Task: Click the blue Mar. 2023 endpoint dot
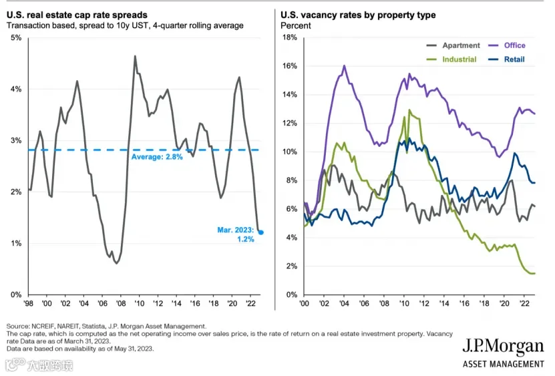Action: tap(261, 232)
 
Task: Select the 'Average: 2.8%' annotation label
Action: tap(157, 157)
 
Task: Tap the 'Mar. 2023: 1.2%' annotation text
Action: tap(236, 234)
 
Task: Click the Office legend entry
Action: tap(507, 45)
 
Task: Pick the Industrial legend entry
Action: tap(451, 59)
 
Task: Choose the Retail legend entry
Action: tap(506, 59)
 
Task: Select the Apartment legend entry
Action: tap(453, 45)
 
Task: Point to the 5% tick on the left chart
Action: tap(16, 37)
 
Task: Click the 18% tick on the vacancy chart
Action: tap(290, 37)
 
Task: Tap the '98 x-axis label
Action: tap(28, 303)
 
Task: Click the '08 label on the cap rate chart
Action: tap(121, 303)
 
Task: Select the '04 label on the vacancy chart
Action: tap(344, 303)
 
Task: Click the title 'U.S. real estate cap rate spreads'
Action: tap(77, 15)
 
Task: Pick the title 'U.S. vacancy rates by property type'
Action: tap(358, 15)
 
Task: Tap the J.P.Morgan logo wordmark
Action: tap(503, 347)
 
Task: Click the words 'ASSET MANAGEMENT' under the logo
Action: tap(504, 364)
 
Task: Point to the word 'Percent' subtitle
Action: tap(296, 26)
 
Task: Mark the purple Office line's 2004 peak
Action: tap(344, 65)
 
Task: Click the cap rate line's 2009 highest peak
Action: tap(135, 56)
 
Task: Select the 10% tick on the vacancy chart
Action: tap(290, 152)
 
